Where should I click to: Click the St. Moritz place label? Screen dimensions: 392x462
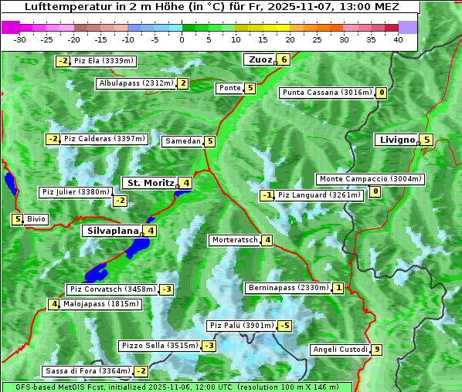tap(149, 183)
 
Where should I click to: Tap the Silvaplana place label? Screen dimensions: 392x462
tap(112, 231)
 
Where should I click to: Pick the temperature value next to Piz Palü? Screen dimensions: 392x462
tap(285, 326)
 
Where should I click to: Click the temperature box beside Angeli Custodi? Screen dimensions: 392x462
tap(376, 350)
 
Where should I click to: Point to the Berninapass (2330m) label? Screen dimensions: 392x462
tap(289, 288)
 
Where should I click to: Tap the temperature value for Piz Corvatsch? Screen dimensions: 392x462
tap(166, 289)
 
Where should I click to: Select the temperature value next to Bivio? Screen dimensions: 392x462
tap(17, 219)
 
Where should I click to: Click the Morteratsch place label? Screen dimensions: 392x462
tap(235, 240)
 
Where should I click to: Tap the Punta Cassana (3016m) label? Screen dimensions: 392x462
tap(327, 93)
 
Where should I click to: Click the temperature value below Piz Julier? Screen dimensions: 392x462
tap(120, 201)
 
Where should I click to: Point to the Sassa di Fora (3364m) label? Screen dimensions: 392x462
tap(87, 371)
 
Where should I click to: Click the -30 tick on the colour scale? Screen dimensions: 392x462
tap(20, 39)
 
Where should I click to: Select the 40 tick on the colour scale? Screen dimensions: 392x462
tap(397, 39)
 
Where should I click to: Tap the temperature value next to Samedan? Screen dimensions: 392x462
tap(209, 141)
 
